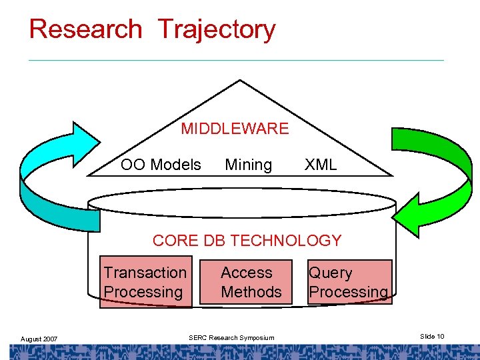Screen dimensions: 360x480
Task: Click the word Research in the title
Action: point(86,29)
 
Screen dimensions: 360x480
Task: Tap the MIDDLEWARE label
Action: point(235,129)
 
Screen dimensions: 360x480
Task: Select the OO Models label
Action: point(161,165)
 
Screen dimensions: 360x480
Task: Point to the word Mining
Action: point(249,165)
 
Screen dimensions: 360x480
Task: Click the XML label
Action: point(321,165)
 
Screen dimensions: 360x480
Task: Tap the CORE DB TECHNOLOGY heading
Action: point(247,241)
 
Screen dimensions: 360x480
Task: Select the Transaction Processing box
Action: point(146,282)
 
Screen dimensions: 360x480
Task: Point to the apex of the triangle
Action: point(240,82)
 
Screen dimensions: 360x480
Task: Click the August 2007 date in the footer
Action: point(39,339)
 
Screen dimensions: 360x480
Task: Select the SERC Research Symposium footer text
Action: point(231,337)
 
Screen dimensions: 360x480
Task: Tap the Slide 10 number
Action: point(432,337)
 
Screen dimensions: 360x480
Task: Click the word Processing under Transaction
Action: point(143,292)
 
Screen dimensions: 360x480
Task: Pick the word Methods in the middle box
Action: point(251,292)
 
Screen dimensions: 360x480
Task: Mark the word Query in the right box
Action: point(330,273)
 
